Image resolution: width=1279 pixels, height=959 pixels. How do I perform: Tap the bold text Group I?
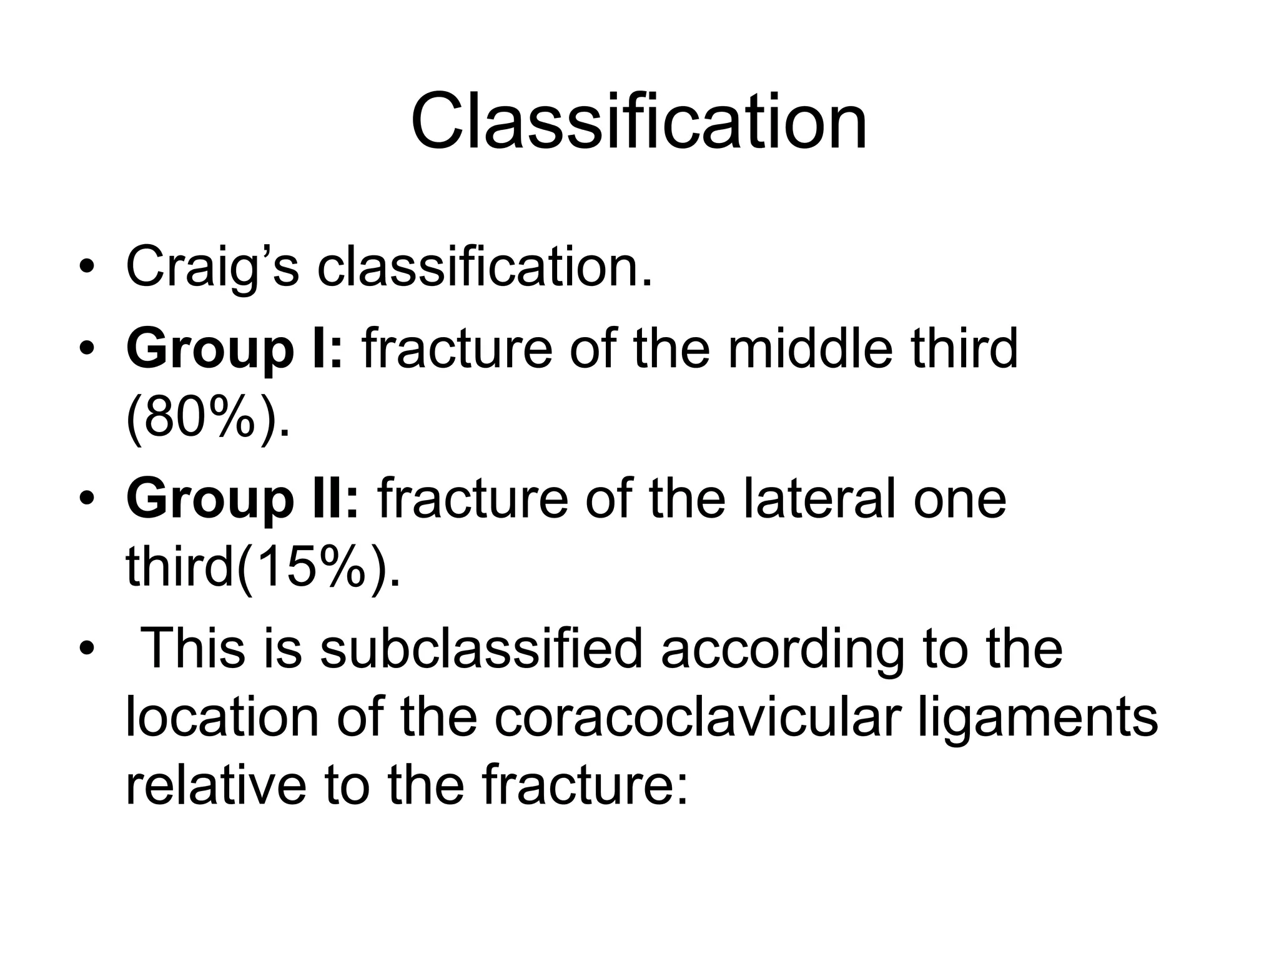pos(234,350)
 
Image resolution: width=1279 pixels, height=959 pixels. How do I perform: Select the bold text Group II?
pos(243,499)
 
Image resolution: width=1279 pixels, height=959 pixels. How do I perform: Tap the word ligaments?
pos(1038,718)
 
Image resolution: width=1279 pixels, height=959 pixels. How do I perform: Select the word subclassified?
pos(481,649)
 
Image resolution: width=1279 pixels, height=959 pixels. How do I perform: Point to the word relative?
pos(215,785)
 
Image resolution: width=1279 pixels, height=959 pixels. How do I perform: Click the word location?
pos(222,718)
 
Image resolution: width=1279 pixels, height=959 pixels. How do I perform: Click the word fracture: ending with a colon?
pos(585,785)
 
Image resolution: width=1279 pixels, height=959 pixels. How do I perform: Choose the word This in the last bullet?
pos(194,649)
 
